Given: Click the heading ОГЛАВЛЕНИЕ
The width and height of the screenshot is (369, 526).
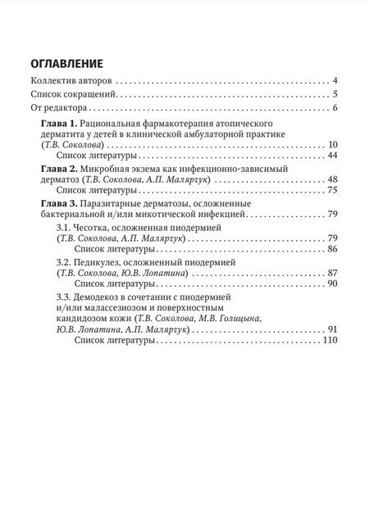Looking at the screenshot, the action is click(66, 63).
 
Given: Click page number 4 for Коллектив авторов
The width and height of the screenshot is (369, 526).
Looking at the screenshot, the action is click(336, 81).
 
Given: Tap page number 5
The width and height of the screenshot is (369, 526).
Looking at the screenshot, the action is click(336, 95).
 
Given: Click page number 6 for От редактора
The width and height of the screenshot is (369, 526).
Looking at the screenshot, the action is click(336, 108).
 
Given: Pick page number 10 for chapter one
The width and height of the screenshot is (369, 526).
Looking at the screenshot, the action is click(333, 145).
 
